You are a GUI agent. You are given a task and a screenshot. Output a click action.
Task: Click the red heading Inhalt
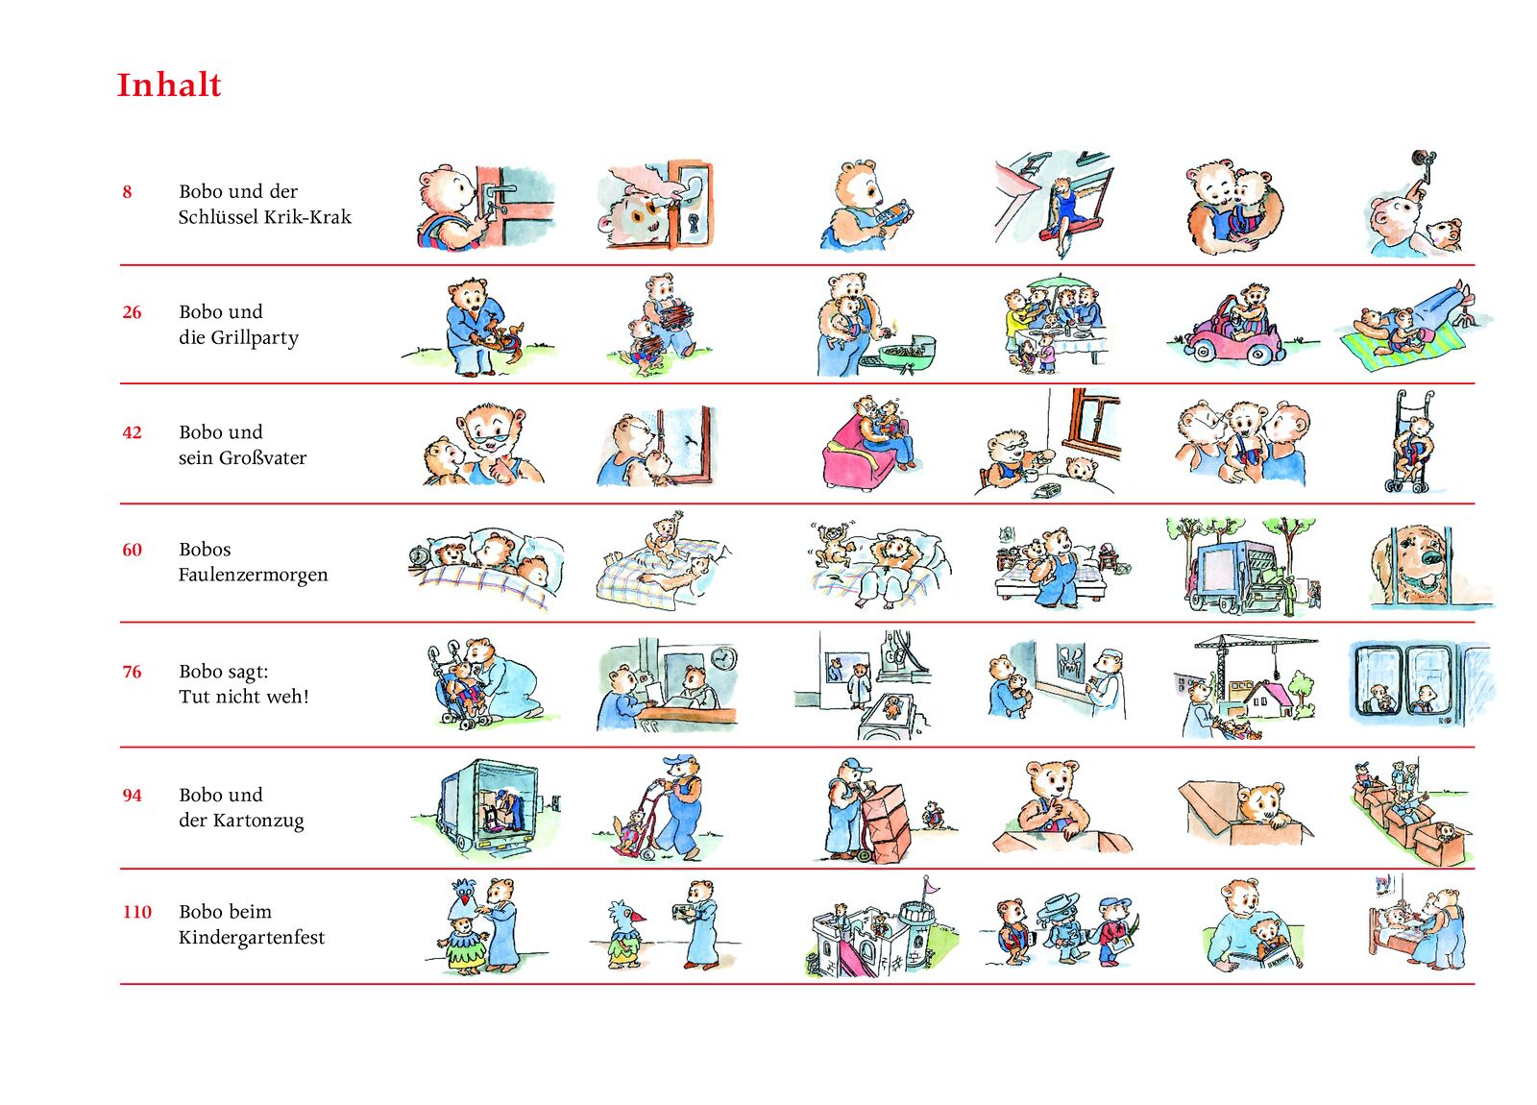coord(169,86)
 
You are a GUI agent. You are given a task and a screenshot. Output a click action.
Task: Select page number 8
coord(127,191)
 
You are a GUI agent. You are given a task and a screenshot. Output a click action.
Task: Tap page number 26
coord(132,312)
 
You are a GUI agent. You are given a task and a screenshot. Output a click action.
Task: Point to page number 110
coord(136,912)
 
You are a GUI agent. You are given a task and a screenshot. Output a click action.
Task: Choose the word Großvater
coord(262,457)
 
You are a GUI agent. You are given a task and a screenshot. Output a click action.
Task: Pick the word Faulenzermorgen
coord(254,576)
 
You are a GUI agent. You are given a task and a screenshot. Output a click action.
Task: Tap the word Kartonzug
coord(258,821)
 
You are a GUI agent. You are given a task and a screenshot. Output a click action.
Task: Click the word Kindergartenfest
coord(252,938)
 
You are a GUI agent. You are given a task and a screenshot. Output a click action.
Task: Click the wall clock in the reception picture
coord(721,657)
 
